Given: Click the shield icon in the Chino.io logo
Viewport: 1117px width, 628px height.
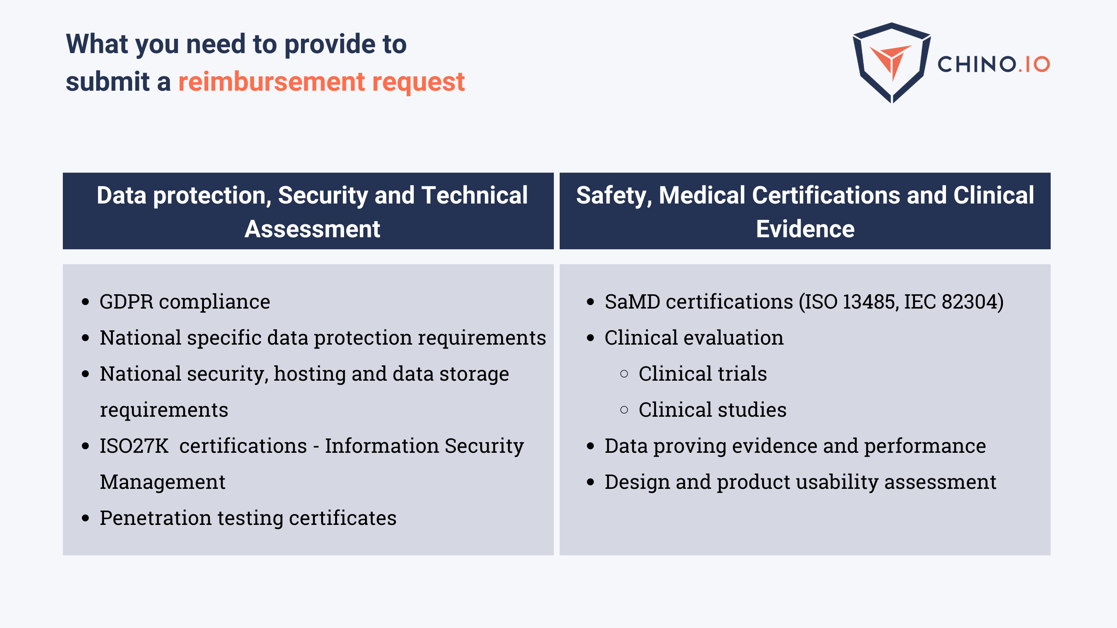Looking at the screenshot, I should coord(892,63).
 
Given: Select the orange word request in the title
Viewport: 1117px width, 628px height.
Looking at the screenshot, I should coord(418,82).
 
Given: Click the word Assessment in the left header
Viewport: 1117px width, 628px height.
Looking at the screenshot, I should coord(312,229).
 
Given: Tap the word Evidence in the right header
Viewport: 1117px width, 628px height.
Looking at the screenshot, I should coord(805,229).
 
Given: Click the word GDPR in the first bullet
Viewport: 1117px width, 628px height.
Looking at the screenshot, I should coord(126,302).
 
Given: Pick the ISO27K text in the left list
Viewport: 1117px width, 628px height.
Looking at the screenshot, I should coord(134,446).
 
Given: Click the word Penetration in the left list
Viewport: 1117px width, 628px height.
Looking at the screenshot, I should coord(155,518).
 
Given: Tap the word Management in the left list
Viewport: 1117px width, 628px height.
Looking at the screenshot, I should coord(163,482).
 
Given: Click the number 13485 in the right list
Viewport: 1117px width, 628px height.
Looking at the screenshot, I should coord(869,302).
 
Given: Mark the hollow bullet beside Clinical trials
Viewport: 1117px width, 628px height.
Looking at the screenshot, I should coord(624,374).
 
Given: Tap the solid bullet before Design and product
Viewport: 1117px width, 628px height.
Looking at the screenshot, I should coord(590,482).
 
